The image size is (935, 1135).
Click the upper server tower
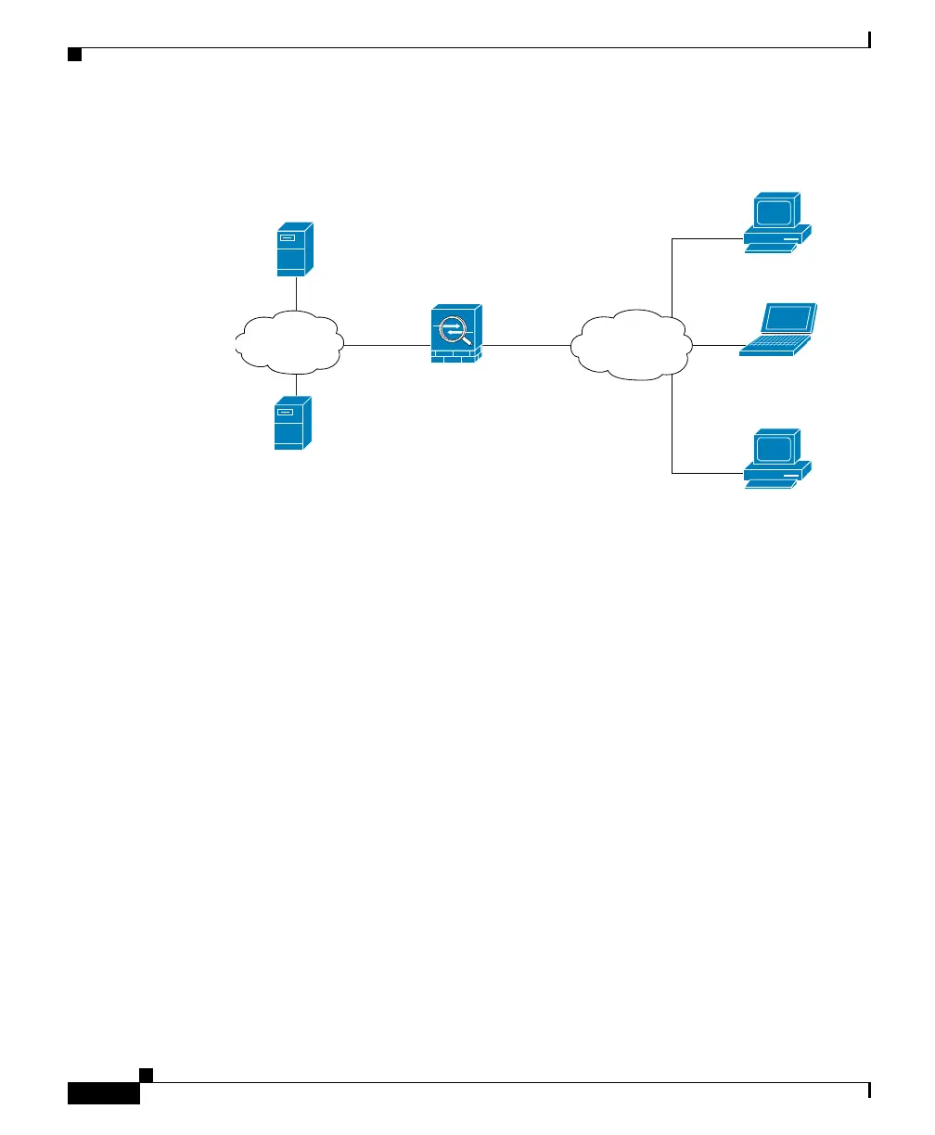[x=295, y=249]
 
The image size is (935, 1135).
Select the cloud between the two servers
[x=289, y=343]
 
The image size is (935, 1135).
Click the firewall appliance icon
[x=456, y=334]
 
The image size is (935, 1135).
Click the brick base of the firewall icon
[x=455, y=356]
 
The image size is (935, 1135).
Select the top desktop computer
[x=777, y=222]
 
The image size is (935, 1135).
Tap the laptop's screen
[x=789, y=317]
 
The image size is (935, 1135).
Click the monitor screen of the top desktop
[x=775, y=211]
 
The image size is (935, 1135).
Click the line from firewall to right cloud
[x=526, y=345]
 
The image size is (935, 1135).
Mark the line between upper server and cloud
[x=295, y=294]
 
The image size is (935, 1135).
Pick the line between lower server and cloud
[x=295, y=385]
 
